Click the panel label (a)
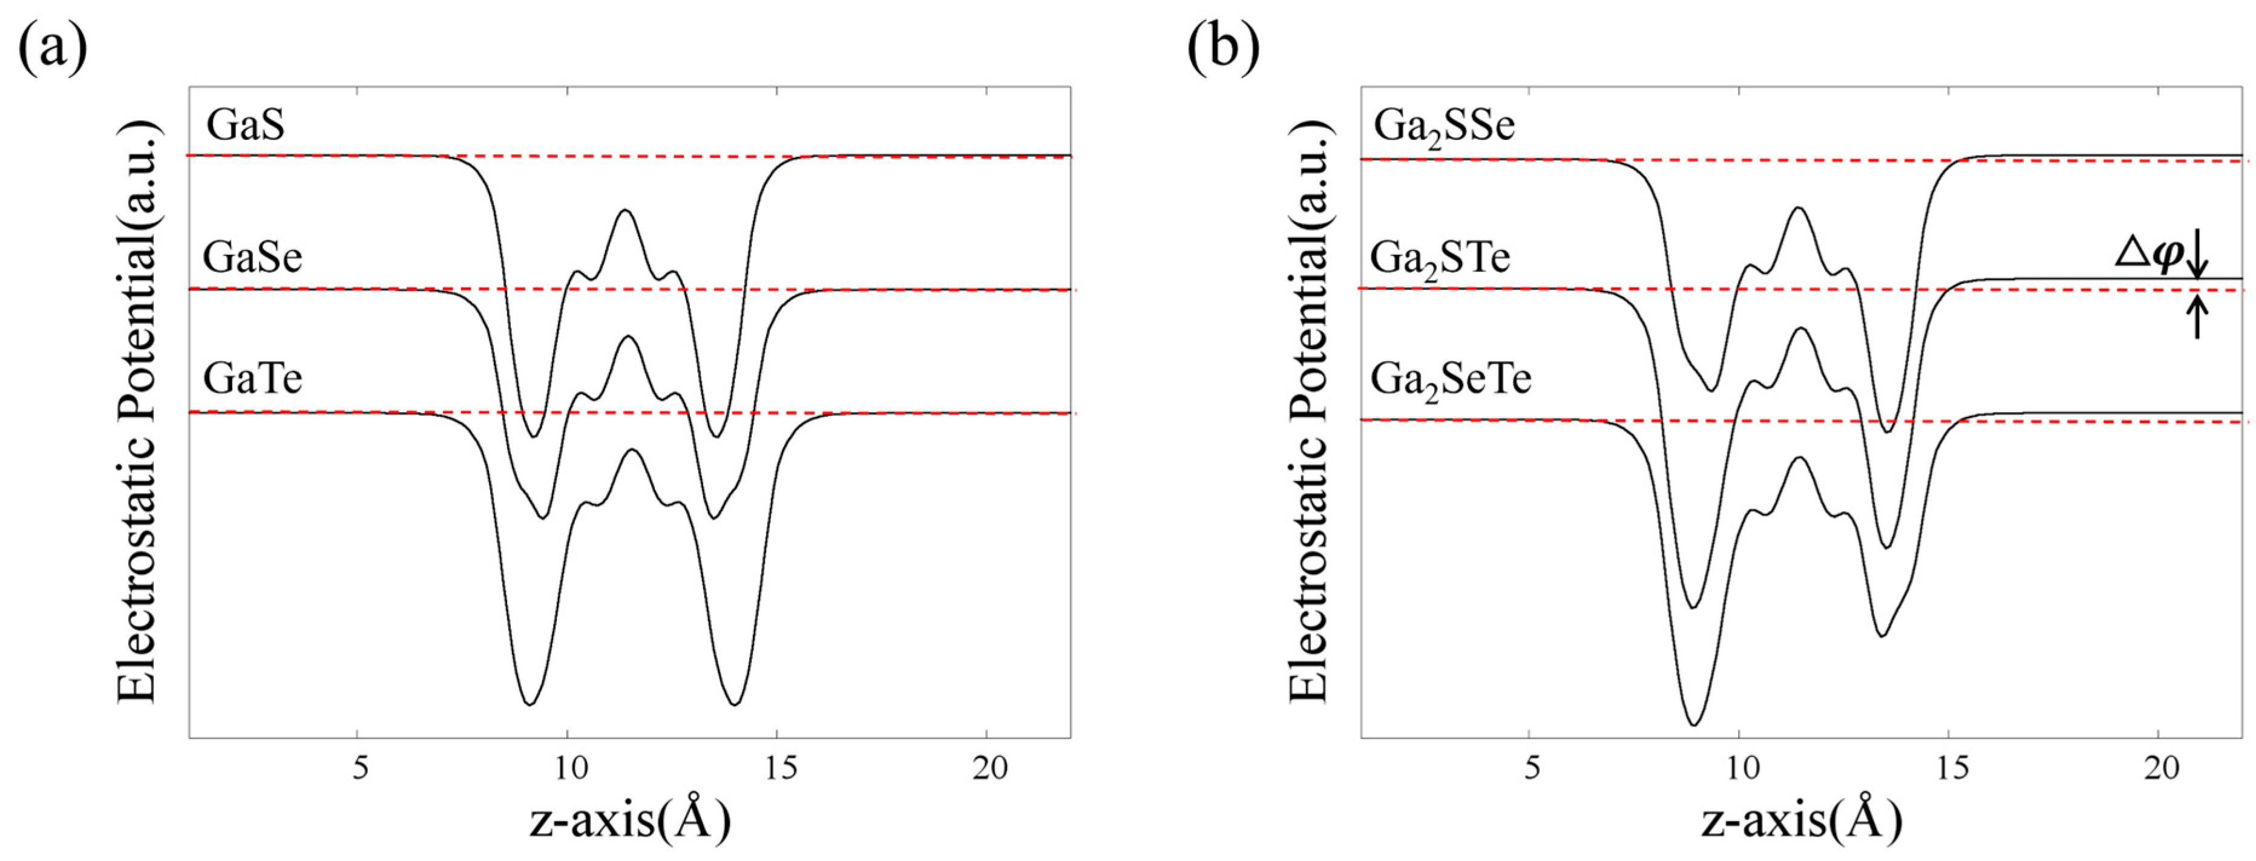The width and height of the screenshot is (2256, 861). (x=53, y=45)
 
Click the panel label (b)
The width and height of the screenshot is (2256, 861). (x=1224, y=45)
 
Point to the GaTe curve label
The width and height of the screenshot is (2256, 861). (x=252, y=378)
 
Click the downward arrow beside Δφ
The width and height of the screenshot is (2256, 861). (x=2197, y=256)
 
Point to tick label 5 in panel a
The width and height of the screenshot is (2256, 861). (x=359, y=768)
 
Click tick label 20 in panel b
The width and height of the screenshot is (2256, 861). (x=2160, y=768)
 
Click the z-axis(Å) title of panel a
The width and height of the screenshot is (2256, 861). (x=629, y=820)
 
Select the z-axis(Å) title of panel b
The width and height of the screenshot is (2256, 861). (x=1802, y=820)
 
